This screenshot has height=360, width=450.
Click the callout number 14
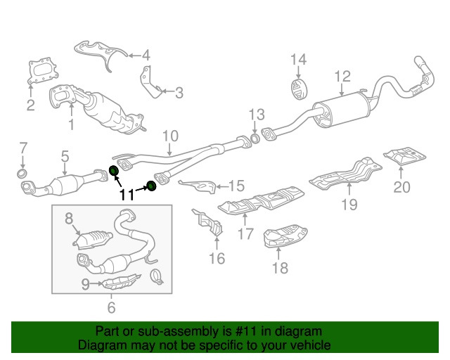coord(298,60)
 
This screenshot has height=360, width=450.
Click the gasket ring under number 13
coord(255,138)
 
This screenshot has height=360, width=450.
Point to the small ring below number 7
coord(22,174)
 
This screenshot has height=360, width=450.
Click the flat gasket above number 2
coord(43,72)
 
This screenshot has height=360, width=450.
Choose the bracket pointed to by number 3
coord(151,83)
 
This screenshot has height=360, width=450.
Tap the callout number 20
coord(401,187)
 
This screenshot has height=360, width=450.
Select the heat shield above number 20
coord(405,157)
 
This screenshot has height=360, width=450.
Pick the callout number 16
coord(217,258)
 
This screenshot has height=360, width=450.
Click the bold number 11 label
coord(127,195)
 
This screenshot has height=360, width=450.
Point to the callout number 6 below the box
coord(111,307)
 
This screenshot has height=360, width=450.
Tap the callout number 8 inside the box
coord(69,218)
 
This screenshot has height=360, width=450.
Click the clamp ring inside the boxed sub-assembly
coord(157,277)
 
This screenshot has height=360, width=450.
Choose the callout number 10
coord(170,136)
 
